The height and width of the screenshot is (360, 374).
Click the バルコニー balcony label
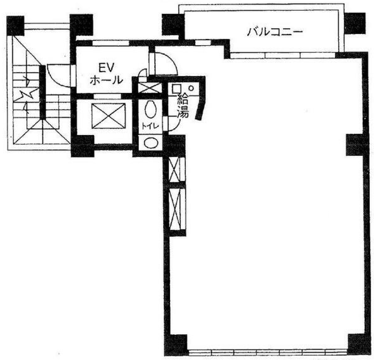(275, 32)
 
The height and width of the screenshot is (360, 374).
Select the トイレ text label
(150, 126)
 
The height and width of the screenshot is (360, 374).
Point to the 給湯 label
(183, 106)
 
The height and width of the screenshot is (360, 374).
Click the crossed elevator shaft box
(109, 116)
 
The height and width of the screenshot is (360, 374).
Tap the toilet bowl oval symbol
(151, 110)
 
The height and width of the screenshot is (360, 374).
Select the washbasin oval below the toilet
(151, 143)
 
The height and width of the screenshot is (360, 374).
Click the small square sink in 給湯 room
(176, 88)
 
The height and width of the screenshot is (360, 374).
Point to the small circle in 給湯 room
(191, 88)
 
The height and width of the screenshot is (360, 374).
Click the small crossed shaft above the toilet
(150, 88)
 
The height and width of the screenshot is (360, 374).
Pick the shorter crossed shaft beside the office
(174, 169)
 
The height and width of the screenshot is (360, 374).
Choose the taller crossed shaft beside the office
(175, 209)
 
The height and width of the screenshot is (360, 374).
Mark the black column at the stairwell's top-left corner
(15, 26)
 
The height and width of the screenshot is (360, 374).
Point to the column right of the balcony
(355, 23)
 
